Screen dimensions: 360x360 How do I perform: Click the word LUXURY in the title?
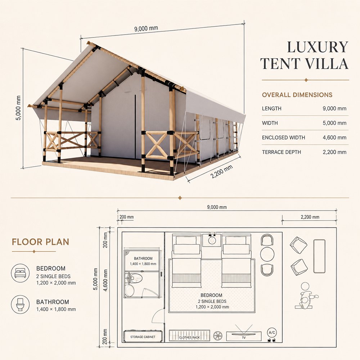pyautogui.click(x=318, y=47)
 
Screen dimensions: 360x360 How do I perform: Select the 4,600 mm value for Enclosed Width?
pyautogui.click(x=334, y=138)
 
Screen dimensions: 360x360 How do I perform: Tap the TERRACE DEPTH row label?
pyautogui.click(x=281, y=152)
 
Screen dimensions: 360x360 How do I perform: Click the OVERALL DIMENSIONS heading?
pyautogui.click(x=297, y=95)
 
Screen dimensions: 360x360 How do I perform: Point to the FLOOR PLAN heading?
pyautogui.click(x=40, y=242)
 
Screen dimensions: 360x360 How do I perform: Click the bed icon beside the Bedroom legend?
pyautogui.click(x=20, y=273)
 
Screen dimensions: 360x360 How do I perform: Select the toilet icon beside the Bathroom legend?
pyautogui.click(x=20, y=304)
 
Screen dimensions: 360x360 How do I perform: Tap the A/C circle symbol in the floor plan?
pyautogui.click(x=272, y=332)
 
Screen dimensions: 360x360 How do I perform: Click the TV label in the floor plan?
pyautogui.click(x=244, y=338)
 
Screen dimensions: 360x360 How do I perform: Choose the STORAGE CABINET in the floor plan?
pyautogui.click(x=143, y=336)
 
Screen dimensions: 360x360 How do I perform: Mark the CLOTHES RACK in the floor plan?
pyautogui.click(x=189, y=336)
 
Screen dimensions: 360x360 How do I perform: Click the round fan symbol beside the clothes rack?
pyautogui.click(x=218, y=336)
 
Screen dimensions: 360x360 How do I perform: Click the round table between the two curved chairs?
pyautogui.click(x=267, y=254)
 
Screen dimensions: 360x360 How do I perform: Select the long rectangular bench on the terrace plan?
pyautogui.click(x=319, y=256)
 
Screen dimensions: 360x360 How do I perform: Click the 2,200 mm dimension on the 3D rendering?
pyautogui.click(x=221, y=171)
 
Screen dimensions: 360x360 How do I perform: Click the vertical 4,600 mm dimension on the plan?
pyautogui.click(x=105, y=280)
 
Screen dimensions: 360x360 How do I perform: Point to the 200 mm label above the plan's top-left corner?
pyautogui.click(x=126, y=217)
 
